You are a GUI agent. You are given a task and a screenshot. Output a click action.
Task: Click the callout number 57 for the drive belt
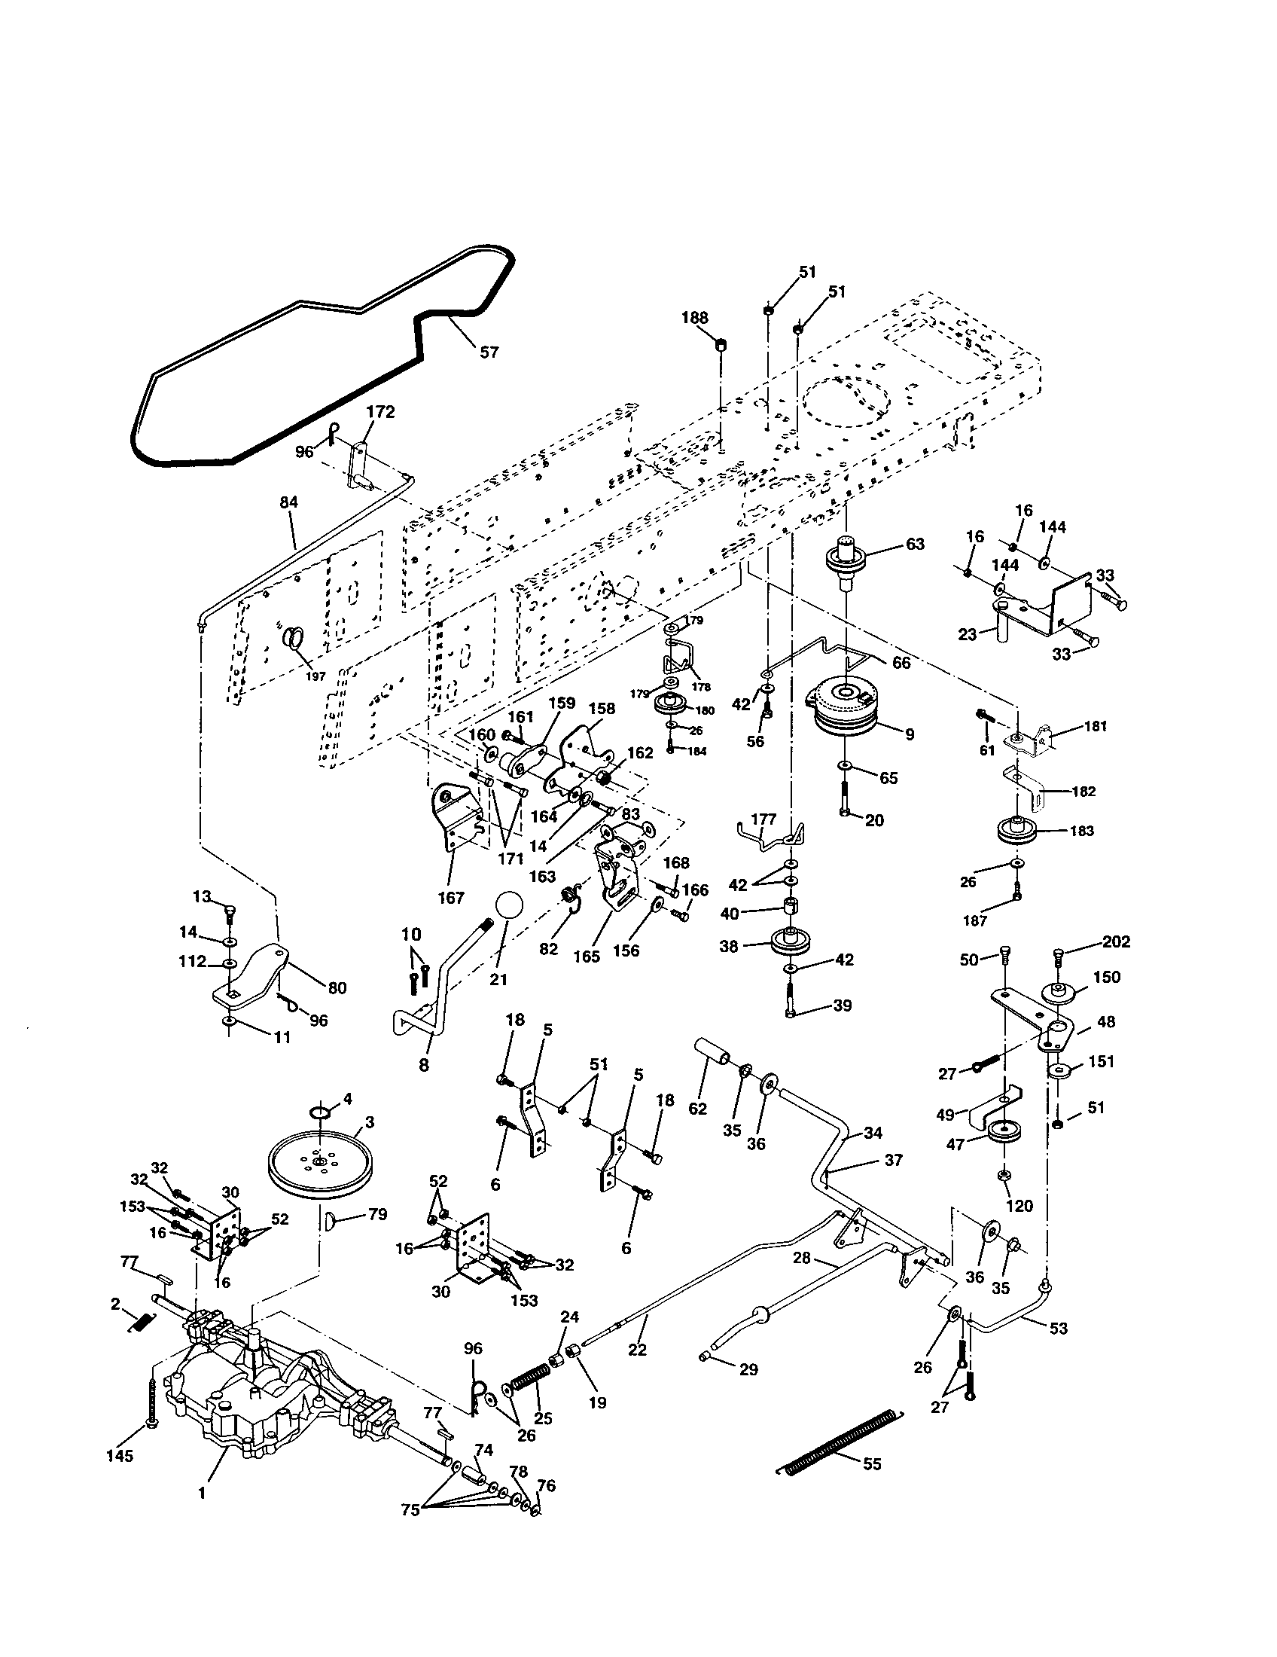[489, 352]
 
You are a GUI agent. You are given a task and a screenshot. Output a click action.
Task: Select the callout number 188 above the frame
[694, 318]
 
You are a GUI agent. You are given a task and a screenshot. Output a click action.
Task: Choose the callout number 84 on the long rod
[289, 502]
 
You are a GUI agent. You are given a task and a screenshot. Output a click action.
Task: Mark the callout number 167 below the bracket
[450, 899]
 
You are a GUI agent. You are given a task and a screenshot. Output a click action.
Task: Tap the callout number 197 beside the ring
[315, 676]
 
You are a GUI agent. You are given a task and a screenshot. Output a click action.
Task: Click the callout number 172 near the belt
[380, 412]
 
